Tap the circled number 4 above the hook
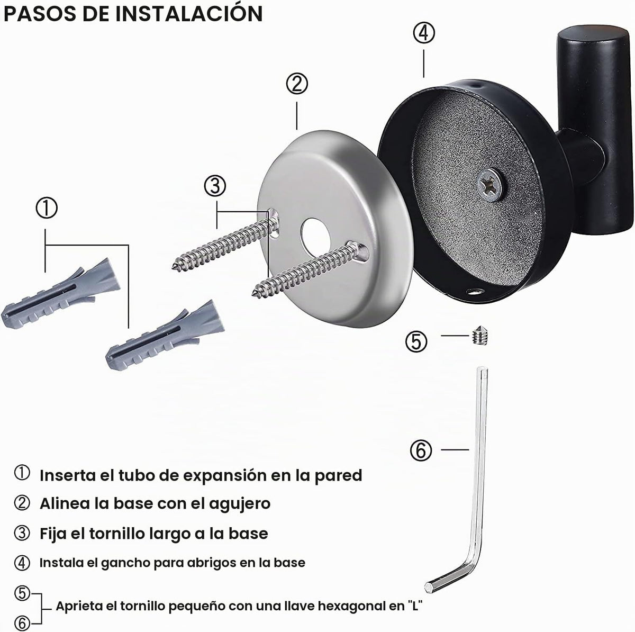tap(424, 33)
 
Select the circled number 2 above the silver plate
tap(297, 84)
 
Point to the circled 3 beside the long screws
tap(215, 186)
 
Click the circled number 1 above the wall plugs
tap(47, 208)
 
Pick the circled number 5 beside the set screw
tap(416, 341)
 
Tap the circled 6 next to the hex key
tap(421, 450)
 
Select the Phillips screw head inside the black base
tap(489, 184)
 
